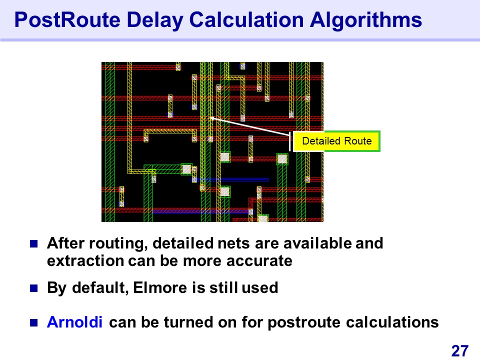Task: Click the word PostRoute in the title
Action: (x=67, y=20)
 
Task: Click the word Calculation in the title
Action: (x=246, y=20)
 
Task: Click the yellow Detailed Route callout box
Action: (x=336, y=141)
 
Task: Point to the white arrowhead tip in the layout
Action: (x=209, y=117)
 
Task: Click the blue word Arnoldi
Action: (x=74, y=322)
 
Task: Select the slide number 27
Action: (x=460, y=351)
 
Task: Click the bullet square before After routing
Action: (x=33, y=243)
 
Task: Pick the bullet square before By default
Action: (x=33, y=288)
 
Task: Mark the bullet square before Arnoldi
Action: (x=33, y=322)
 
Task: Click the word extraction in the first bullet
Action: (x=85, y=261)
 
